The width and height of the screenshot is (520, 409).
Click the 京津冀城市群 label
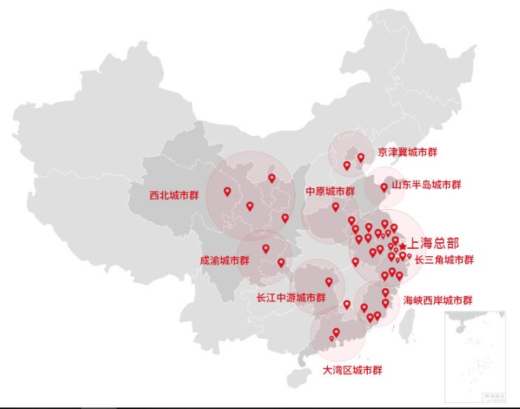[407, 152]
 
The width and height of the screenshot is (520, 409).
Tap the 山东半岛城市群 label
[426, 184]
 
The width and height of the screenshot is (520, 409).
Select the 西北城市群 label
[174, 196]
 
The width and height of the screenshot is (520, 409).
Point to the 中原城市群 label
[331, 191]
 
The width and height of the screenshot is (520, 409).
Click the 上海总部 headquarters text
[434, 242]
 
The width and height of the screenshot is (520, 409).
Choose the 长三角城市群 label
[444, 260]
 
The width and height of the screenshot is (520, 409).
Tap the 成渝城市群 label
[225, 261]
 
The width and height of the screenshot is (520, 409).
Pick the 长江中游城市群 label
[291, 298]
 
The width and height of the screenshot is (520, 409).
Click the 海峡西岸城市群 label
[438, 300]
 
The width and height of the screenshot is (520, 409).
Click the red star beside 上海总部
[403, 246]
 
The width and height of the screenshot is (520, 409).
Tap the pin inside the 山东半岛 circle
[384, 188]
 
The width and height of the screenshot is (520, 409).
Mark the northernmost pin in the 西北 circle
[272, 178]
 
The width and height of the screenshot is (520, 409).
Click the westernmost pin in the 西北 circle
[227, 191]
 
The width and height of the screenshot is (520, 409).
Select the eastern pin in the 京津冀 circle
[361, 157]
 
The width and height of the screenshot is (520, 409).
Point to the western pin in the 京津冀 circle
[346, 165]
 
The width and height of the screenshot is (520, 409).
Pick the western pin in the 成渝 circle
[266, 249]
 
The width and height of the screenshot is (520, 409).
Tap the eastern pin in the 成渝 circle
[281, 262]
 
